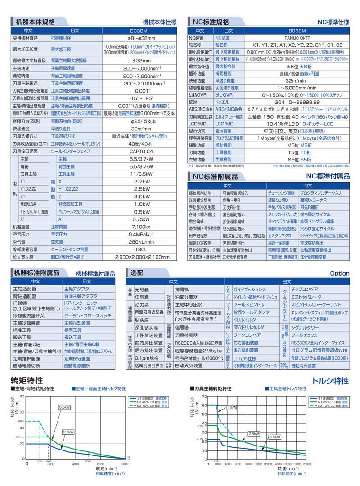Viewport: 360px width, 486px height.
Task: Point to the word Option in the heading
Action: click(x=339, y=273)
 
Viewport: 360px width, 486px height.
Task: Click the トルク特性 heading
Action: click(x=330, y=381)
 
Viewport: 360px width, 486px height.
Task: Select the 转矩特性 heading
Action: click(x=27, y=381)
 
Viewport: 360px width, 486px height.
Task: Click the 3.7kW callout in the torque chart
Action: click(x=68, y=432)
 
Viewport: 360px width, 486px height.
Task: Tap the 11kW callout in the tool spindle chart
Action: click(x=231, y=407)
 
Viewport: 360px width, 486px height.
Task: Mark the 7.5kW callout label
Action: click(x=253, y=433)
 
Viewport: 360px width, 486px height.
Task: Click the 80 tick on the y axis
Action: click(x=21, y=396)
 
